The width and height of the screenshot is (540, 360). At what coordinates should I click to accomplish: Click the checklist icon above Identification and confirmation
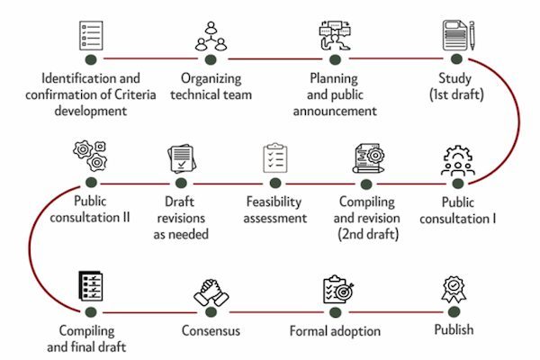91,35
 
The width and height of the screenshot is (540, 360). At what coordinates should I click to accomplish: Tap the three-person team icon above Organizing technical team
211,36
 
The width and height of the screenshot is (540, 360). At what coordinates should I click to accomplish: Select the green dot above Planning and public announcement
335,59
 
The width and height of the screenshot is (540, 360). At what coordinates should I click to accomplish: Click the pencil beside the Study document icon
472,35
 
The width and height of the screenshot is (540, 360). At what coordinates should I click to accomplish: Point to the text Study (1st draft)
456,86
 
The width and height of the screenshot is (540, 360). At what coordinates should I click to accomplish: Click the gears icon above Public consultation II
90,156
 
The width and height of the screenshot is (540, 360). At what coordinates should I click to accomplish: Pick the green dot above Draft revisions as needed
181,183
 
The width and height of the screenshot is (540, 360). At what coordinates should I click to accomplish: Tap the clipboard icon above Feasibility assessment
275,157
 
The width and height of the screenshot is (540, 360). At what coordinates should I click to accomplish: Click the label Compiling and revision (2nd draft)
367,218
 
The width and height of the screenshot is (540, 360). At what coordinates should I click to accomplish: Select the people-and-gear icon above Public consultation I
458,160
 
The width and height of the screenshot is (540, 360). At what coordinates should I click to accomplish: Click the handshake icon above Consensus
211,292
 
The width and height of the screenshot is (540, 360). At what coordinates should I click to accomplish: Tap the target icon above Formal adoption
338,290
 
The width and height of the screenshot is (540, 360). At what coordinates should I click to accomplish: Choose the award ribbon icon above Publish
454,290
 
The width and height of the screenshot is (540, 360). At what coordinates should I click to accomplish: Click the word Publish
454,329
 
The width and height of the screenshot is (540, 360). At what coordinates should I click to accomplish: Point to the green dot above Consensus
211,312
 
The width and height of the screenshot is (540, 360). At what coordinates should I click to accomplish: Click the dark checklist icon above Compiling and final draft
91,286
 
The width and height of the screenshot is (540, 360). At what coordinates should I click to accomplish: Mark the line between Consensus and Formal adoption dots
276,312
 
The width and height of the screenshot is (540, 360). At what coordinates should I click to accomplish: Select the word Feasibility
274,202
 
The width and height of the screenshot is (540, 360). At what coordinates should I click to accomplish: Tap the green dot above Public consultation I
457,184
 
